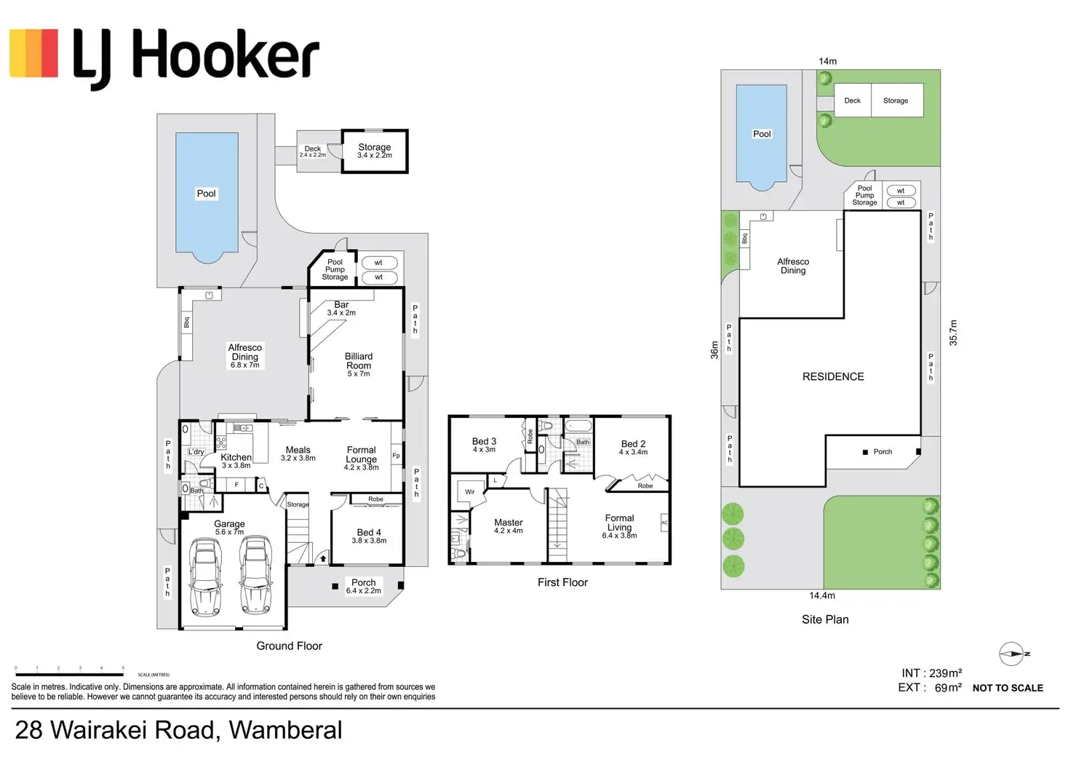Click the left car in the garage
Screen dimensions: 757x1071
coord(205,576)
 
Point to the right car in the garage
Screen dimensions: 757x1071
coord(255,575)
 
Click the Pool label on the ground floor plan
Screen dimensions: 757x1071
coord(207,194)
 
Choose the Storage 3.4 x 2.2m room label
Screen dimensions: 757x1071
coord(375,151)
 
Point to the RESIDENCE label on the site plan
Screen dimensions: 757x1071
coord(833,377)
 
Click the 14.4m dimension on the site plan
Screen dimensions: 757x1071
coord(822,595)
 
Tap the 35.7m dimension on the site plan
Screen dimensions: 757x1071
coord(953,333)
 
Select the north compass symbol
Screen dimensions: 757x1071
coord(1012,654)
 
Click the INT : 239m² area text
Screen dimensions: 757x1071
coord(931,673)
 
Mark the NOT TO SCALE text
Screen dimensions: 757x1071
coord(1008,688)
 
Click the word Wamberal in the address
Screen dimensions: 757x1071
coord(285,730)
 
